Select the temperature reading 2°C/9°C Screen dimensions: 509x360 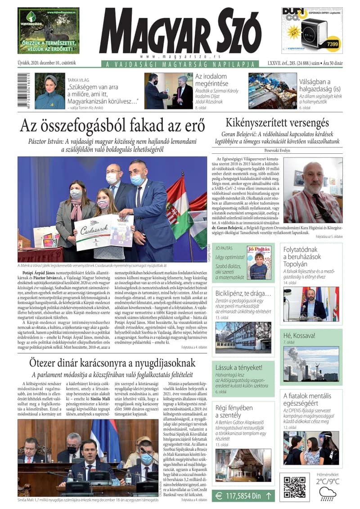327,481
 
